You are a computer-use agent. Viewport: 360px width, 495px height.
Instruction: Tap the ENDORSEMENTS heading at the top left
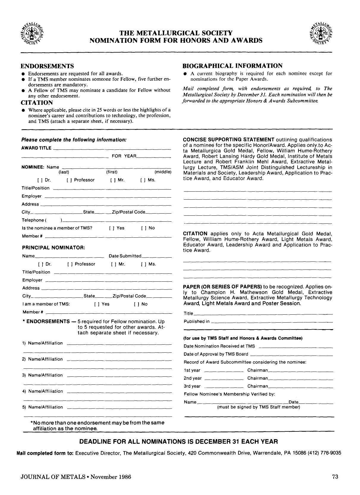[x=47, y=66]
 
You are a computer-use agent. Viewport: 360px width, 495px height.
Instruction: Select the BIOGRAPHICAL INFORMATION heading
[x=232, y=66]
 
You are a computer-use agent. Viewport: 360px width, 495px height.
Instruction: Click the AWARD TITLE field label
[x=36, y=148]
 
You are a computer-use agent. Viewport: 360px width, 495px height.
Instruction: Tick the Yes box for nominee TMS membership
[x=111, y=228]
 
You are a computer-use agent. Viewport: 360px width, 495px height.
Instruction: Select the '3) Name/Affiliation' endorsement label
[x=43, y=375]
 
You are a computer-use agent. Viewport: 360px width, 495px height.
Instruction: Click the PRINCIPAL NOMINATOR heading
[x=54, y=248]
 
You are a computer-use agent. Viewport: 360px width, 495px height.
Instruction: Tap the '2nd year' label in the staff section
[x=193, y=379]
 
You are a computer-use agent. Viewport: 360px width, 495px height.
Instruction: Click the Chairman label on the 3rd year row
[x=257, y=386]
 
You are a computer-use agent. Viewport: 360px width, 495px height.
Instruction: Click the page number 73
[x=335, y=477]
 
